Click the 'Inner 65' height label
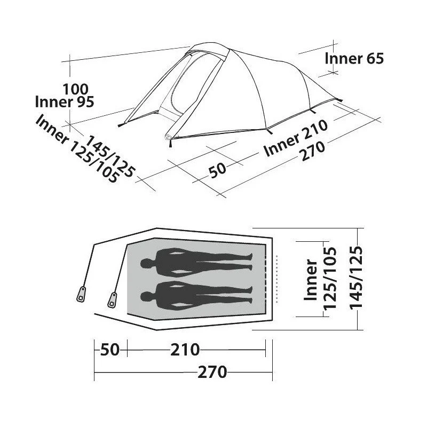pyautogui.click(x=354, y=59)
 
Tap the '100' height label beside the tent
pyautogui.click(x=76, y=89)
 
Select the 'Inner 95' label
pyautogui.click(x=65, y=102)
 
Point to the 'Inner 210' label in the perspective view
pyautogui.click(x=296, y=138)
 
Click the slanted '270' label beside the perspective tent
pyautogui.click(x=312, y=151)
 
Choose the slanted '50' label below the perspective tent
pyautogui.click(x=217, y=170)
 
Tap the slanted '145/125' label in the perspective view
pyautogui.click(x=110, y=156)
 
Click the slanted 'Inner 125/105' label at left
pyautogui.click(x=77, y=148)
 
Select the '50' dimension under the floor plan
pyautogui.click(x=110, y=350)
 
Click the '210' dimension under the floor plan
pyautogui.click(x=185, y=350)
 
